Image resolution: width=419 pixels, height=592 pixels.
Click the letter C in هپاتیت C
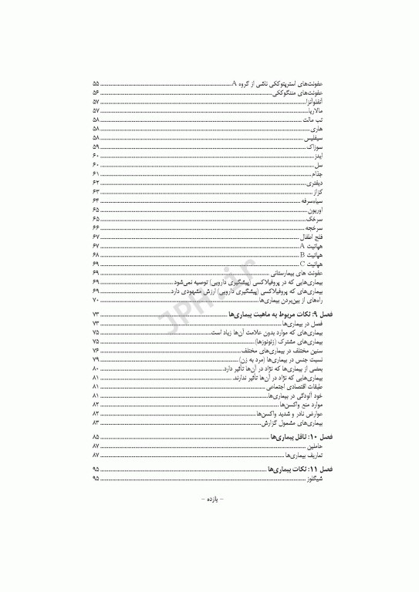point(302,264)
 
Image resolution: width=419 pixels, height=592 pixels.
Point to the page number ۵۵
point(96,82)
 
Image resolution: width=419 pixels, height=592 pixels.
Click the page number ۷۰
point(96,298)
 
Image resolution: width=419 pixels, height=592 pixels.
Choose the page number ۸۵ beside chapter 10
point(96,436)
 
